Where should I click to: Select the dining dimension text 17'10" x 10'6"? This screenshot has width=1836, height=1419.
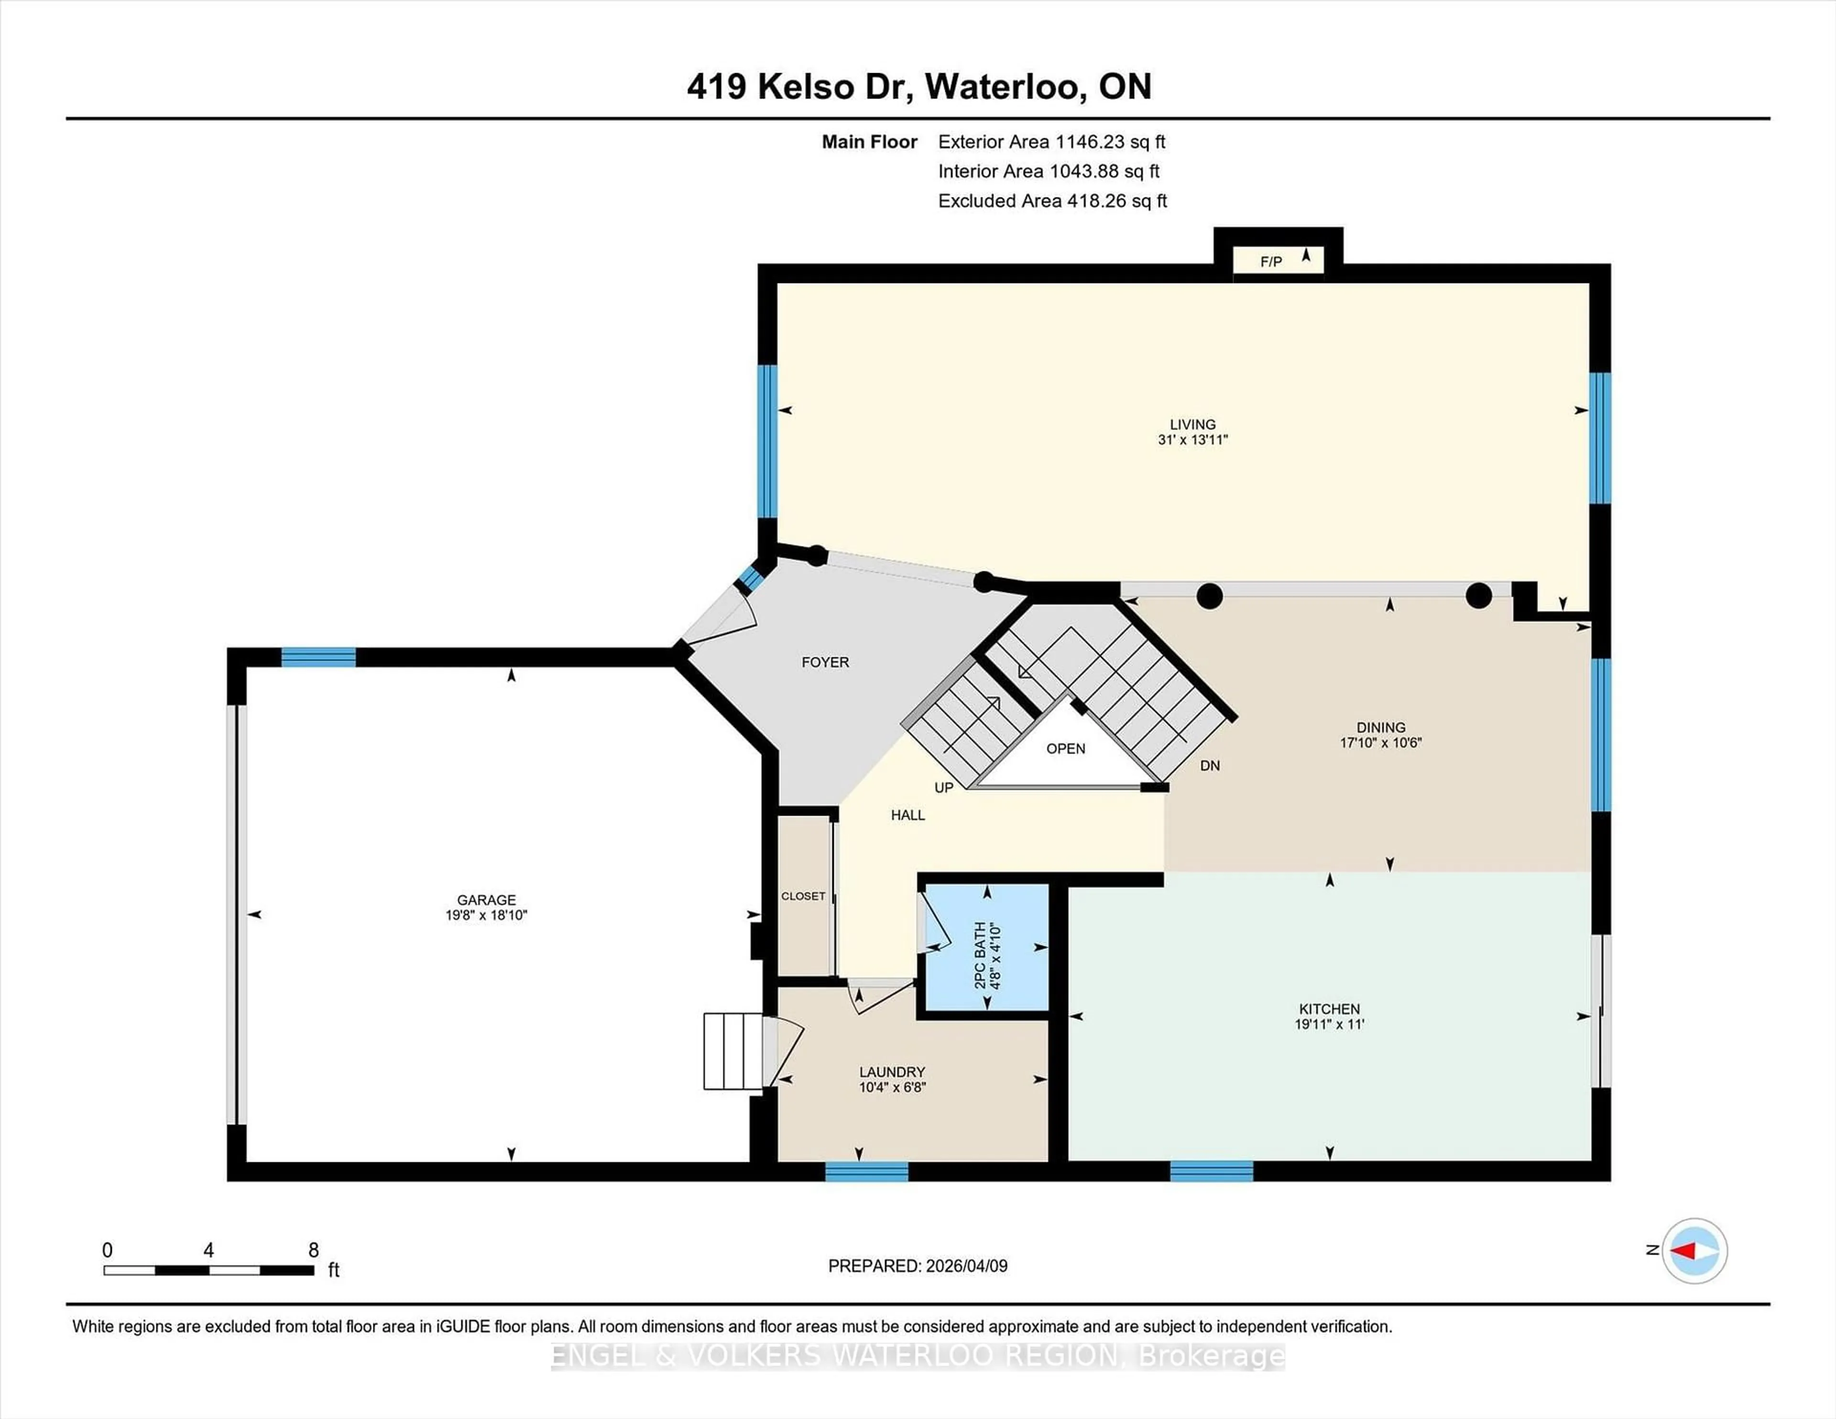[x=1380, y=743]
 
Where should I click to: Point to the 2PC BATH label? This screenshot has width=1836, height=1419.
[x=980, y=955]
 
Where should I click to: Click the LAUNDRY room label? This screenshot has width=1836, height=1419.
[x=892, y=1072]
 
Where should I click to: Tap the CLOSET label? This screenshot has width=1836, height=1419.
[x=803, y=896]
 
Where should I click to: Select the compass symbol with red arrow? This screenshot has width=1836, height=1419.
[x=1694, y=1251]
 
